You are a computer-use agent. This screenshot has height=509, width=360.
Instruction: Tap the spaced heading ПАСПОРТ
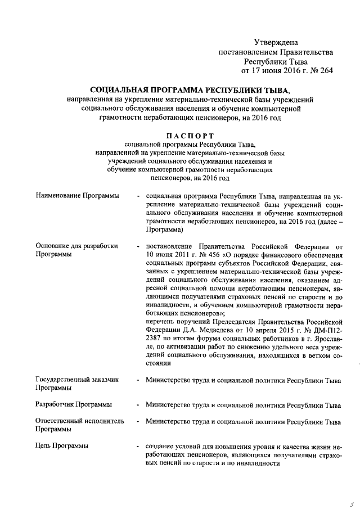(x=189, y=136)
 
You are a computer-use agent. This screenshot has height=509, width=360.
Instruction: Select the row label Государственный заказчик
(x=76, y=380)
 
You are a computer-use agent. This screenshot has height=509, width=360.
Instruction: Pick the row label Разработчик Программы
(x=73, y=404)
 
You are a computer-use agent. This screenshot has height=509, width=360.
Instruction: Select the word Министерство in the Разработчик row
(x=168, y=404)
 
